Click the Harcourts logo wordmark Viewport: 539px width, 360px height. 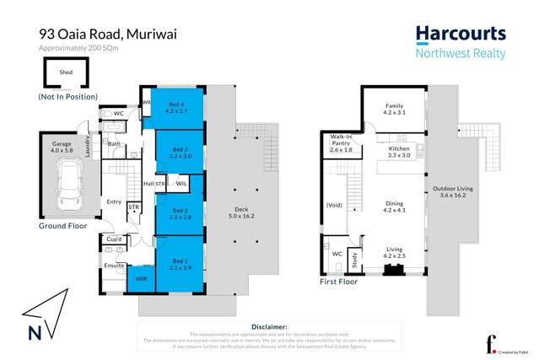point(460,35)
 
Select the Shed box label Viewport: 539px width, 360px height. point(66,73)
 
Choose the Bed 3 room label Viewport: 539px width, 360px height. point(180,152)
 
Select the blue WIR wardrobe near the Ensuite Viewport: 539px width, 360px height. point(141,278)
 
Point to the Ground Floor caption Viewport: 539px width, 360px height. point(65,227)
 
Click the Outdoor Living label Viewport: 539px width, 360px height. point(456,191)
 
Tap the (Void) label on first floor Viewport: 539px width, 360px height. point(335,205)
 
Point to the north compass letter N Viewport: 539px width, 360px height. point(35,333)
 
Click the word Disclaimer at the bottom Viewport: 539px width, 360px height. point(270,326)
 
